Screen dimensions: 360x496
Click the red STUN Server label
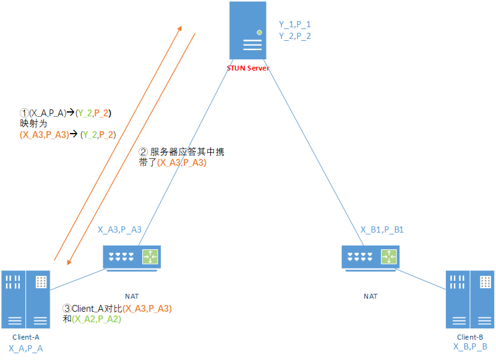pyautogui.click(x=248, y=68)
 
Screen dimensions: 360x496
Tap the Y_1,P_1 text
pyautogui.click(x=295, y=24)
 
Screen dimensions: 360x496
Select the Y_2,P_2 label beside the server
pyautogui.click(x=295, y=36)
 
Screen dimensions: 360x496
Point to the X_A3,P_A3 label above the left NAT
pyautogui.click(x=120, y=229)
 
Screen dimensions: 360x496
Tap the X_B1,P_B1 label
pyautogui.click(x=382, y=229)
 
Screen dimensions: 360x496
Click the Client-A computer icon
pyautogui.click(x=25, y=299)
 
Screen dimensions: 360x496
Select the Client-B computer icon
pyautogui.click(x=470, y=299)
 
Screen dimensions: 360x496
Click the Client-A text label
pyautogui.click(x=26, y=337)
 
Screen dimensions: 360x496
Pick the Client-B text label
pyautogui.click(x=470, y=337)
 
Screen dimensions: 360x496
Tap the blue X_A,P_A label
pyautogui.click(x=26, y=349)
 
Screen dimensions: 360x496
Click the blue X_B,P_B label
pyautogui.click(x=470, y=347)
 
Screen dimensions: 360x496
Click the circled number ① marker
pyautogui.click(x=24, y=113)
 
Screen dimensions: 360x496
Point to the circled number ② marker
pyautogui.click(x=143, y=152)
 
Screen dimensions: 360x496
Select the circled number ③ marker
pyautogui.click(x=68, y=309)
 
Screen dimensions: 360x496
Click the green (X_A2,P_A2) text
pyautogui.click(x=97, y=319)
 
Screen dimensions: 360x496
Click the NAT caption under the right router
pyautogui.click(x=370, y=296)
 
